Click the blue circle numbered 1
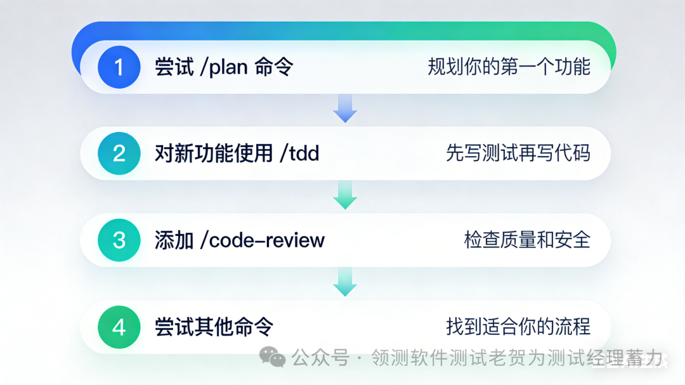click(x=119, y=67)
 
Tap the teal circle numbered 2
click(x=119, y=153)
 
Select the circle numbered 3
click(x=119, y=240)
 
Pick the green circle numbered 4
click(x=119, y=327)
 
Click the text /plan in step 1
click(x=224, y=67)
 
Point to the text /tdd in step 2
click(x=299, y=153)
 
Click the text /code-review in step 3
click(x=262, y=240)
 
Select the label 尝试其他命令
click(x=214, y=327)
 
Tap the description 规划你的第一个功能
click(x=509, y=67)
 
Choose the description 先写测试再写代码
click(x=518, y=153)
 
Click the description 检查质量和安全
click(x=527, y=240)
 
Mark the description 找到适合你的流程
click(x=518, y=327)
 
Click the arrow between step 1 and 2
click(x=345, y=109)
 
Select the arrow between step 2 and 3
click(x=345, y=195)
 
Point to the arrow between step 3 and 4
click(x=345, y=282)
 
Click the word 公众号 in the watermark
click(x=320, y=358)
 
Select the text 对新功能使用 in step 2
click(x=214, y=153)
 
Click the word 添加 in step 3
click(x=174, y=240)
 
